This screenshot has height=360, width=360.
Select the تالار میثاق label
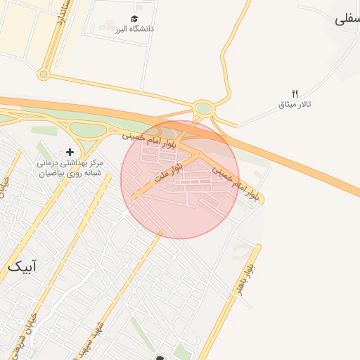click(x=295, y=105)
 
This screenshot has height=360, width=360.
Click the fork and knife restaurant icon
click(x=295, y=94)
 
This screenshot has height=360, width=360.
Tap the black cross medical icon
click(x=70, y=152)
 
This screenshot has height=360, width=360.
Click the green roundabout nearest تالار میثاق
click(x=204, y=109)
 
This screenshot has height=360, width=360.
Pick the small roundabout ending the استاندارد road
click(x=44, y=74)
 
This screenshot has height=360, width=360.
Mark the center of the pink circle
click(x=180, y=180)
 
